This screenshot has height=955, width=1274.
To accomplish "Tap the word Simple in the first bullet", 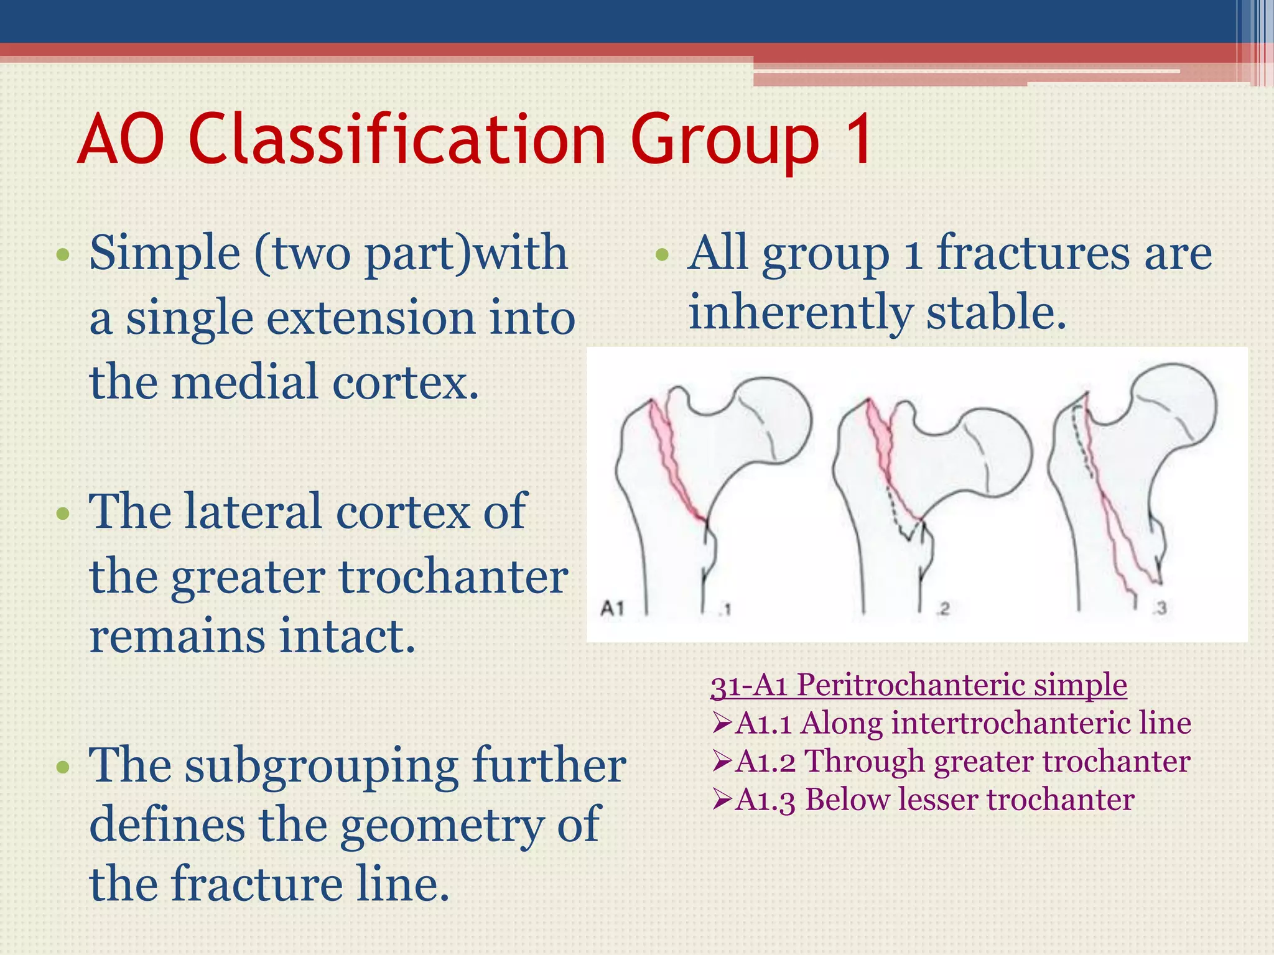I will point(165,254).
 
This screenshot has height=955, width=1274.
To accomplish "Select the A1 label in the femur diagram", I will point(612,608).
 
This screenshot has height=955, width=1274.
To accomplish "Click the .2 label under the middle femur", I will point(943,609).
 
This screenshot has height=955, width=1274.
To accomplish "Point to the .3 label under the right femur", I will point(1159,608).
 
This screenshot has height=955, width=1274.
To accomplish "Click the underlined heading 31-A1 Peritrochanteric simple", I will point(918,685).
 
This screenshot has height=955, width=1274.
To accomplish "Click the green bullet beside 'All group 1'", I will point(662,254).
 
